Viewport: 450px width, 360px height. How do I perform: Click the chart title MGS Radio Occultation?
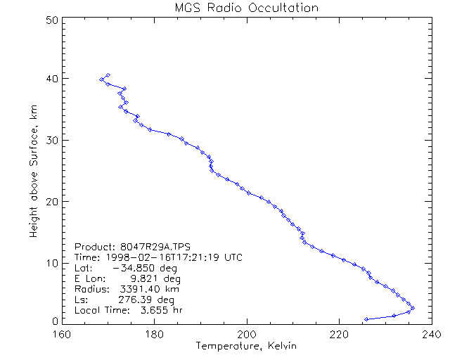click(246, 8)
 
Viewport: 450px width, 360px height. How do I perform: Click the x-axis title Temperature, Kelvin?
click(246, 346)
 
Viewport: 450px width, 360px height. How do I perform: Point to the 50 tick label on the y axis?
click(51, 20)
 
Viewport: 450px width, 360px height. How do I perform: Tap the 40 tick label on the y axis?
click(51, 78)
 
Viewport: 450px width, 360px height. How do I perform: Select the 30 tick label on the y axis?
click(51, 140)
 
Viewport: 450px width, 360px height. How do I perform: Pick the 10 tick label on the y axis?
click(51, 263)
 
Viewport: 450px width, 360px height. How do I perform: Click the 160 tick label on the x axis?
click(63, 334)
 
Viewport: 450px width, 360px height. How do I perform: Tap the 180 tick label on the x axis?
click(155, 334)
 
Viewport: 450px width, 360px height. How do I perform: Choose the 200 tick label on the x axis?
click(247, 334)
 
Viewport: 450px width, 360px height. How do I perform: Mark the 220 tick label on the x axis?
click(339, 334)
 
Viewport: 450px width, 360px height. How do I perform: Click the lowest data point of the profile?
click(366, 319)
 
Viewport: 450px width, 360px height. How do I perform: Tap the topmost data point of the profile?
click(108, 75)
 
